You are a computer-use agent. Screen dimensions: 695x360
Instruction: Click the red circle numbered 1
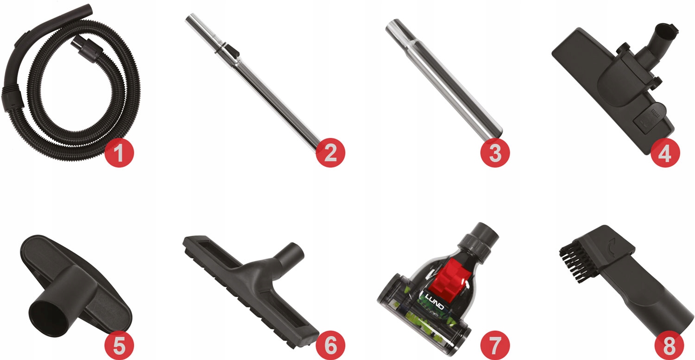(x=119, y=153)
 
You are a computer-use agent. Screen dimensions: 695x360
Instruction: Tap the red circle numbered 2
(x=330, y=153)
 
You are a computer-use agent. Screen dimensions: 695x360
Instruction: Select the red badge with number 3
(x=495, y=153)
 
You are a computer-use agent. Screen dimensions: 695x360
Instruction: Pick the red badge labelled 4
(x=665, y=153)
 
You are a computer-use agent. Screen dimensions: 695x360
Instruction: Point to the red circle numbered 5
(x=119, y=346)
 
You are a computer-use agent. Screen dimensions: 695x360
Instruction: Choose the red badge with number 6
(x=330, y=346)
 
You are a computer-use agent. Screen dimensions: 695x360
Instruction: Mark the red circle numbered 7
(x=495, y=346)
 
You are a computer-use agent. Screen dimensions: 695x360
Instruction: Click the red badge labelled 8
(x=669, y=346)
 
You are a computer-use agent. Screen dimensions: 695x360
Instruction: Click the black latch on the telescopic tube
(x=232, y=50)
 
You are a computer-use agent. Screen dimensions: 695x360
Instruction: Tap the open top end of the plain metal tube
(x=392, y=25)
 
